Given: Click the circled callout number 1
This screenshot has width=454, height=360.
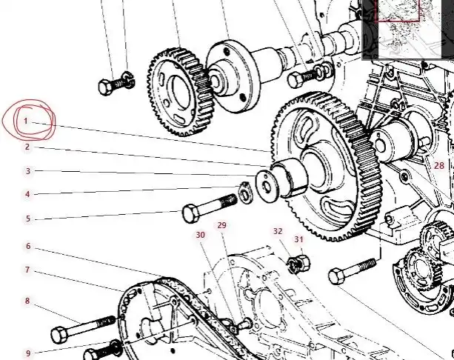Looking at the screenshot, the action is coord(25,121).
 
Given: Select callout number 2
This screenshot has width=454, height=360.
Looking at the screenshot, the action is coord(27,147).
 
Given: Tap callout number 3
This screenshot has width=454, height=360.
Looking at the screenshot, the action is coord(28,171).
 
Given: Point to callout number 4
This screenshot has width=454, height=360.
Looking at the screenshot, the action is coord(27,194).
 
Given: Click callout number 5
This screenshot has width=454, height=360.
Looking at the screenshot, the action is coord(28,219).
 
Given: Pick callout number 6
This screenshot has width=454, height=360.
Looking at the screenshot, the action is coord(28,246).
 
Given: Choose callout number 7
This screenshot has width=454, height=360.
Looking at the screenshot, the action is coord(27,270).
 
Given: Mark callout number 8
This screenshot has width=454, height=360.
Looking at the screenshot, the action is coord(27,301).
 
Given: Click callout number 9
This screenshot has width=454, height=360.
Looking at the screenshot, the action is coord(28,353).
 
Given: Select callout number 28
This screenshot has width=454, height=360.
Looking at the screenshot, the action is coord(439,165).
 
